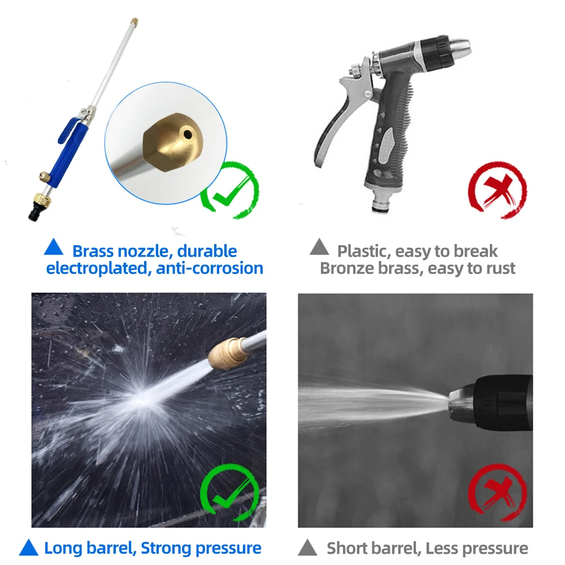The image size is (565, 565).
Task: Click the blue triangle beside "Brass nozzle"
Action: tap(54, 247)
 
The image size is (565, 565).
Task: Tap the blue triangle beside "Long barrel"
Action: tap(28, 547)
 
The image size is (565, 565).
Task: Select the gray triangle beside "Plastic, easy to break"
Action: tap(319, 247)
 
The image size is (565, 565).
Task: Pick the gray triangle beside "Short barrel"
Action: tap(307, 547)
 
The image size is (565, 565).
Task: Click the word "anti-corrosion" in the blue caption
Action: tap(210, 268)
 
